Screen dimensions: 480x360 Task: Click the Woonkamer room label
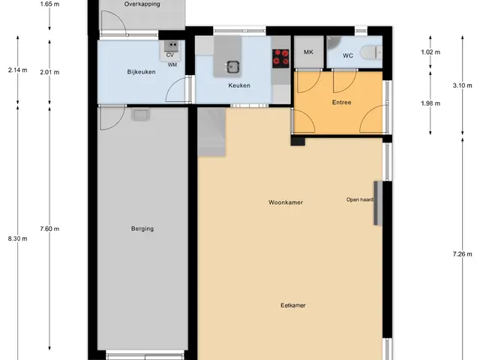pyautogui.click(x=286, y=202)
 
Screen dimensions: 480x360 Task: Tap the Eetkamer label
pyautogui.click(x=293, y=305)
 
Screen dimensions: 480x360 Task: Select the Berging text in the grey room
pyautogui.click(x=142, y=229)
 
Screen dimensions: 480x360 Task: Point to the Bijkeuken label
pyautogui.click(x=141, y=72)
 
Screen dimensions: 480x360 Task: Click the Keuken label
pyautogui.click(x=239, y=85)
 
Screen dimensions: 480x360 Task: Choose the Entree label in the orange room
pyautogui.click(x=342, y=102)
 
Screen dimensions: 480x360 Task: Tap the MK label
pyautogui.click(x=308, y=52)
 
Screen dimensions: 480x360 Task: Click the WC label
pyautogui.click(x=348, y=55)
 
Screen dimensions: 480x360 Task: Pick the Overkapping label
pyautogui.click(x=142, y=4)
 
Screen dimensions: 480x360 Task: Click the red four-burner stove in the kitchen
pyautogui.click(x=280, y=58)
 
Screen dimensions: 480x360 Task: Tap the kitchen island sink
pyautogui.click(x=233, y=67)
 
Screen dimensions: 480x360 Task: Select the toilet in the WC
pyautogui.click(x=371, y=52)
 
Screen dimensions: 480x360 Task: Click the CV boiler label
pyautogui.click(x=170, y=55)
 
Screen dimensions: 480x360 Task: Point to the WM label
pyautogui.click(x=172, y=65)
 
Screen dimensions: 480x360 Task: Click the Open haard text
pyautogui.click(x=360, y=199)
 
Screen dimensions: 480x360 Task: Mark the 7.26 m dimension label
pyautogui.click(x=462, y=253)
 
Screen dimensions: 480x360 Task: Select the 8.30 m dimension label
pyautogui.click(x=18, y=238)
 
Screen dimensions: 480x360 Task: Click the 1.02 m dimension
pyautogui.click(x=430, y=52)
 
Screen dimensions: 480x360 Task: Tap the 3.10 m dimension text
pyautogui.click(x=462, y=85)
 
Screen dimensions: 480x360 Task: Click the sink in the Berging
pyautogui.click(x=140, y=114)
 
